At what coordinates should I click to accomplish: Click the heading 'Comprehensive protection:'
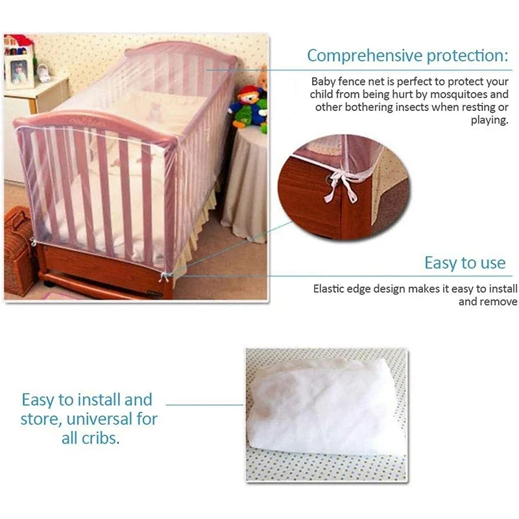407,56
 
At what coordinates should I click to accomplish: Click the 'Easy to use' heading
465,263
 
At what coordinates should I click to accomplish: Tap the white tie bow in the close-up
340,185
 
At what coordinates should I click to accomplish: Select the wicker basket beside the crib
19,250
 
